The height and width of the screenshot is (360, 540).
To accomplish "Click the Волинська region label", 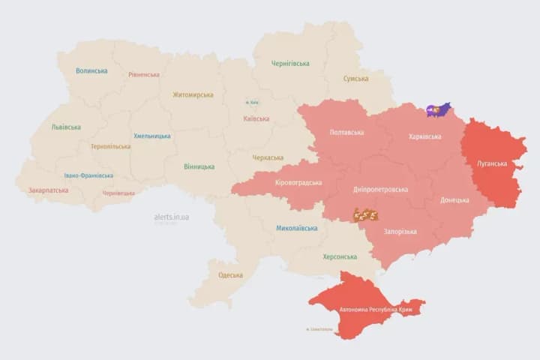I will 91,71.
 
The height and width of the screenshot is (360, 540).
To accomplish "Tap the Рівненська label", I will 143,75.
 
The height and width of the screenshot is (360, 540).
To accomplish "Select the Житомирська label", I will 193,95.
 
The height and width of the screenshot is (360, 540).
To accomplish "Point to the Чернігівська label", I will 289,64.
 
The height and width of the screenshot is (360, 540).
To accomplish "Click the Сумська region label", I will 355,79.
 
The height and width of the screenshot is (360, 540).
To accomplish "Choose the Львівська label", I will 66,127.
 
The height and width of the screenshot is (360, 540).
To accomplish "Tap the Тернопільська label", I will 110,147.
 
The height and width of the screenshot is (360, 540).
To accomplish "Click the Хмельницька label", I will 152,136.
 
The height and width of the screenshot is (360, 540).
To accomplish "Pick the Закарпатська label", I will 48,190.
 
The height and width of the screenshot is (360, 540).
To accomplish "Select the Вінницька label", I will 199,166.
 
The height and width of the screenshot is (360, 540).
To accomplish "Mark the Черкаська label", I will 268,157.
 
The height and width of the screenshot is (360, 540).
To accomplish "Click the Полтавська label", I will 346,133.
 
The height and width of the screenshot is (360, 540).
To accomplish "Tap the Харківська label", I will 425,136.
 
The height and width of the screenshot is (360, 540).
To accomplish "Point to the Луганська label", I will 492,163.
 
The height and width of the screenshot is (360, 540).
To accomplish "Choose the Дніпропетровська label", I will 381,190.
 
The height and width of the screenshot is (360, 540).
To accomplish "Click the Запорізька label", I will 400,232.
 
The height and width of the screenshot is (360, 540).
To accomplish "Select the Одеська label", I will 230,275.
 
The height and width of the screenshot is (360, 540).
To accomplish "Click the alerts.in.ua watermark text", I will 172,217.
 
